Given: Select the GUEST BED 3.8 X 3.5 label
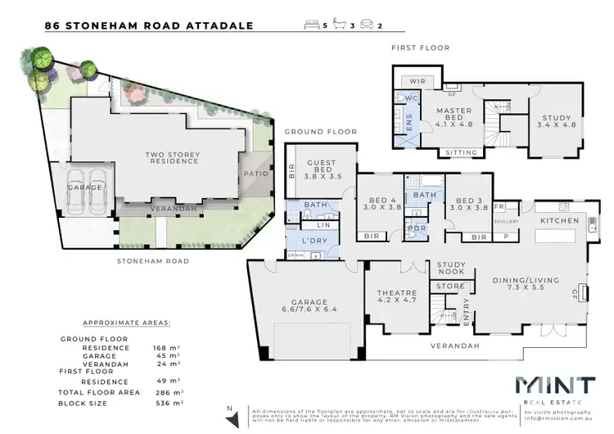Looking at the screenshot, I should coord(322,169).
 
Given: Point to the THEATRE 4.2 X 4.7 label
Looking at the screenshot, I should coord(397,297).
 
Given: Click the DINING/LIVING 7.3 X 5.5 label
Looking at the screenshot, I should coord(526,285).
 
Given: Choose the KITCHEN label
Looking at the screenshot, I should coord(560,221).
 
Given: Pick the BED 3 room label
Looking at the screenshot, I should coord(468,203).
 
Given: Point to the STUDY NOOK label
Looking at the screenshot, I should coord(451,269).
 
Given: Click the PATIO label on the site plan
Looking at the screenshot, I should coord(250,174).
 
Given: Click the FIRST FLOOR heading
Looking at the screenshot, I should coord(420,47).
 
